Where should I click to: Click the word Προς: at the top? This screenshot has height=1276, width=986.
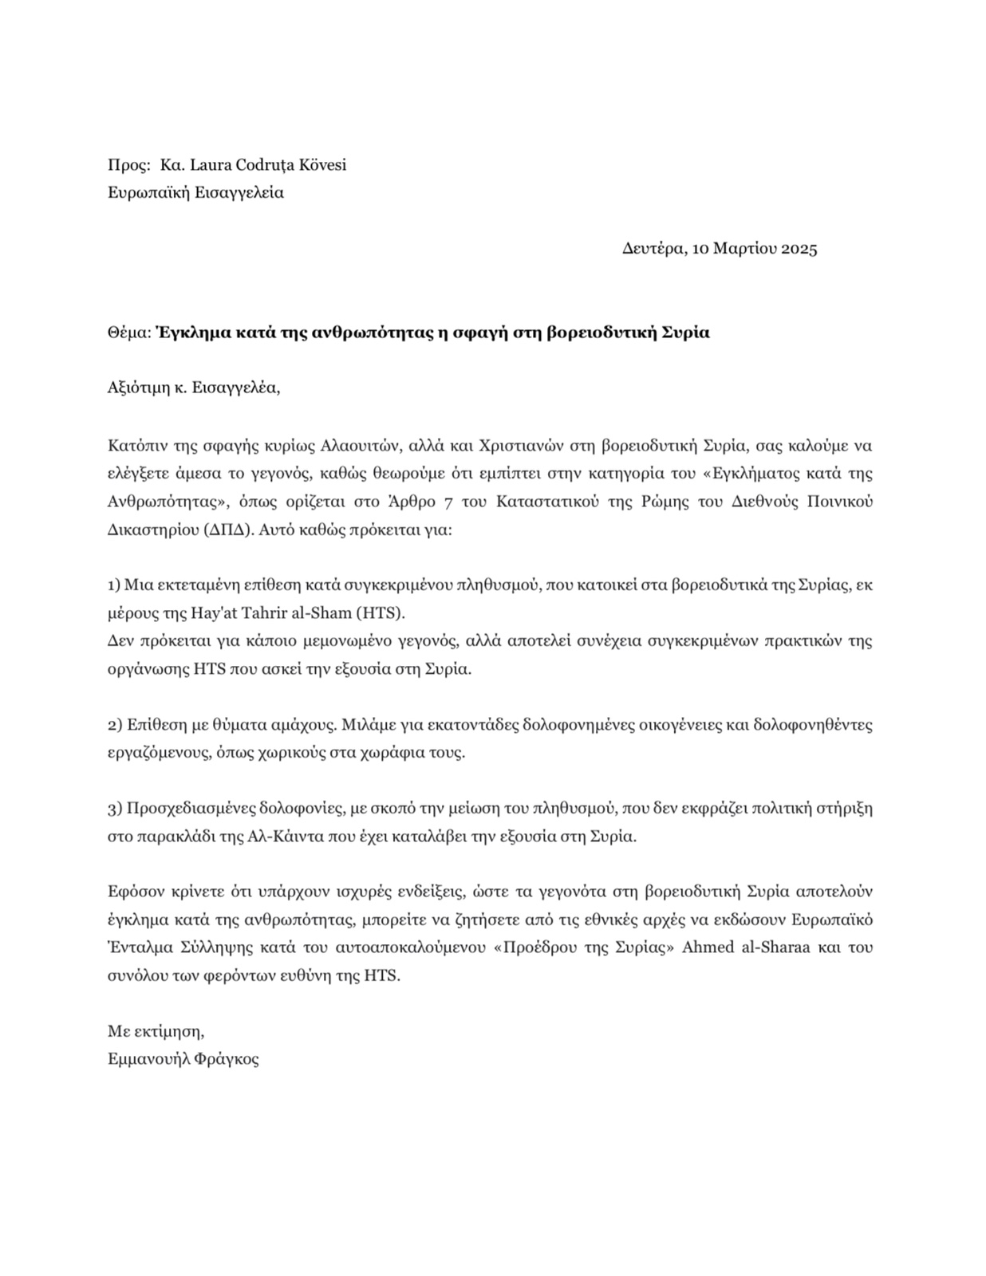coord(128,165)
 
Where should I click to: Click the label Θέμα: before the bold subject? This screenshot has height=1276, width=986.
coord(128,333)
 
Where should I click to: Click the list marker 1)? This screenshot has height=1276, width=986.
coord(114,585)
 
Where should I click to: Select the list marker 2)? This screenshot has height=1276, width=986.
coord(114,725)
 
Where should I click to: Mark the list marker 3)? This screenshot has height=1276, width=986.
coord(114,809)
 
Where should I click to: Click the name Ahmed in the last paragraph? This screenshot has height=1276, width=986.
coord(707,947)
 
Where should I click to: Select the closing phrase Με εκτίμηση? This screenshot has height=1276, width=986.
coord(156,1031)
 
